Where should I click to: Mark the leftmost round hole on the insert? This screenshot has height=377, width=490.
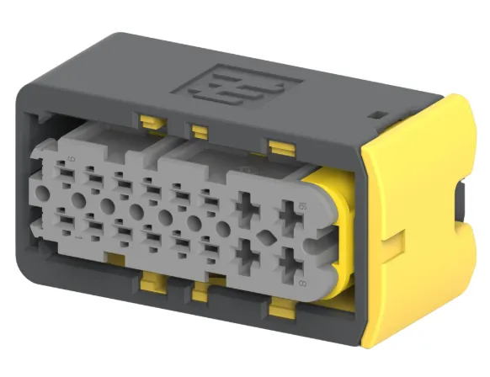click(x=78, y=200)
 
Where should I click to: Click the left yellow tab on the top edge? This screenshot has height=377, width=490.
click(x=152, y=123)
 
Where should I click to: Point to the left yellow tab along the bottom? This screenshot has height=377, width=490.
click(x=152, y=286)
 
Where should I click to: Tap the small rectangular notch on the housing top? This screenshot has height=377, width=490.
click(x=376, y=114)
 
